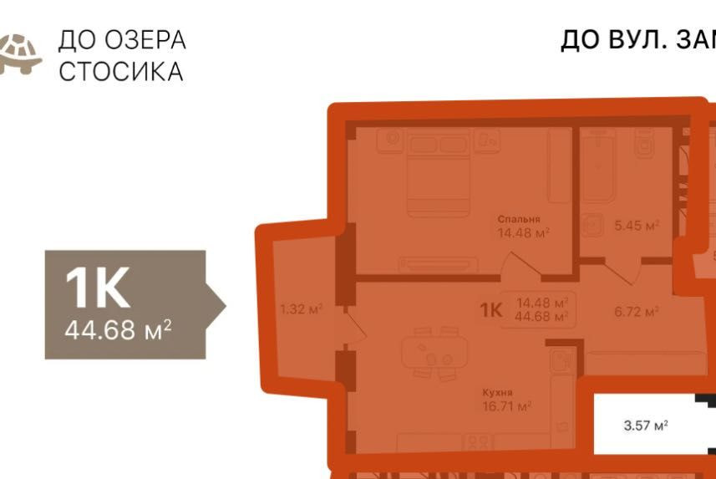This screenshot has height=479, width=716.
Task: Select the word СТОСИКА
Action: coord(120,71)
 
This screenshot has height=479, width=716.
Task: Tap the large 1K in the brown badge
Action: coord(98,288)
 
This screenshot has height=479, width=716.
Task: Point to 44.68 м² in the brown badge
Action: coord(118,330)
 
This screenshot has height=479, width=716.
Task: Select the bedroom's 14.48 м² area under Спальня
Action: coord(523,233)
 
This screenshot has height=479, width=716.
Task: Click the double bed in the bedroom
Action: coord(438,176)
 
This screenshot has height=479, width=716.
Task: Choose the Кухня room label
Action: coord(497,392)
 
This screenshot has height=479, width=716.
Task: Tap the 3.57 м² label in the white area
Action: coord(646,425)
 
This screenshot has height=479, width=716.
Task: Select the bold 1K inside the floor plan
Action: coord(491,309)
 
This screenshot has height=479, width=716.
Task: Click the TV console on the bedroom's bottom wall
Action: coord(438,265)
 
